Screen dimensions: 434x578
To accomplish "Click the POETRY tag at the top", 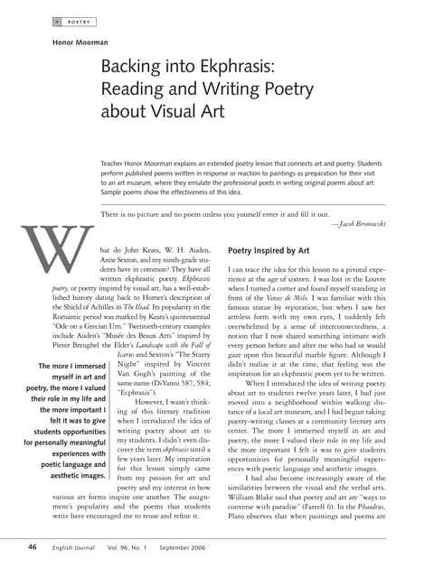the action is [x=82, y=19].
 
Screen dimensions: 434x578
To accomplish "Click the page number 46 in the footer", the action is [x=33, y=546].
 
